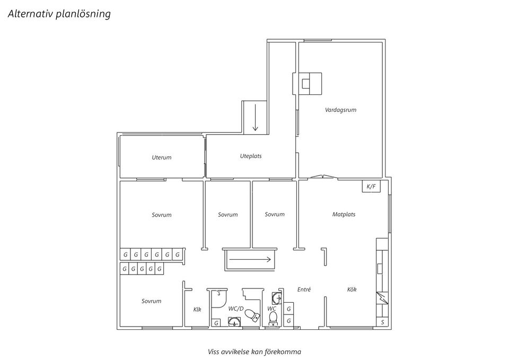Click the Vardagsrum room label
340,110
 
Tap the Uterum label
162,157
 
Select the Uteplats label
251,156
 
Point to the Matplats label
344,214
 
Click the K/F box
371,186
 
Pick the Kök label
352,289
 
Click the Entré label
304,289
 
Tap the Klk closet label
197,309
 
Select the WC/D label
235,309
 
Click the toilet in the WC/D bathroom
252,315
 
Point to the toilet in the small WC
274,319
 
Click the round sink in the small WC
277,297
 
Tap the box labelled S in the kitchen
382,322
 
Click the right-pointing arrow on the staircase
250,259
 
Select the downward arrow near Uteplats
255,118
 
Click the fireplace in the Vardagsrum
308,84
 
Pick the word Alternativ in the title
31,14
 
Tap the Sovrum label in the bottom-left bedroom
151,301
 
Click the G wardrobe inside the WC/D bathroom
216,323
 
